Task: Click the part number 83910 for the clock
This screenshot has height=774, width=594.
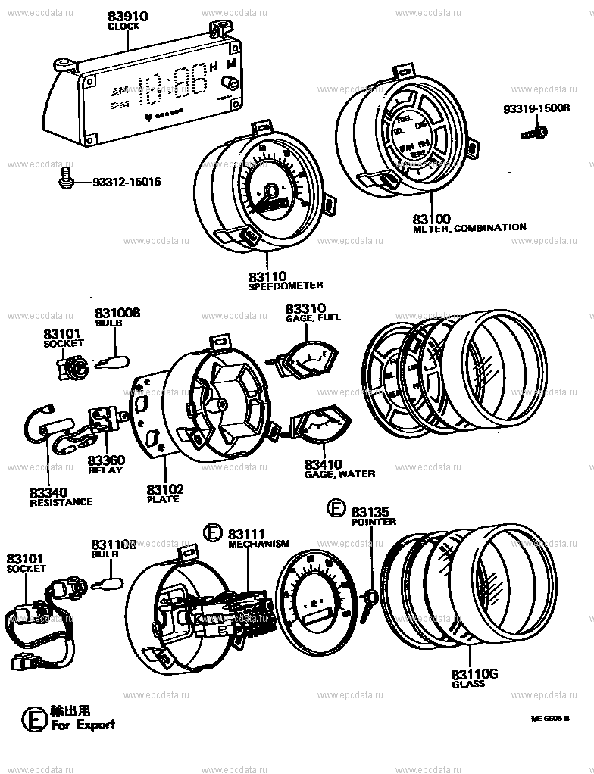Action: coord(127,16)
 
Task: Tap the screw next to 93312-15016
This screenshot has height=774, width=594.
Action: coord(66,179)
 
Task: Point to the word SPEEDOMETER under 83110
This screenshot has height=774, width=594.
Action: coord(286,286)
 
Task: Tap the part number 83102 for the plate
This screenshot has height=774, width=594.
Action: coord(165,489)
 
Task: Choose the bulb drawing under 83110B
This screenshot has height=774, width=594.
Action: coord(106,582)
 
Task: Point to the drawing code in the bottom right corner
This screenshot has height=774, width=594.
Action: coord(549,717)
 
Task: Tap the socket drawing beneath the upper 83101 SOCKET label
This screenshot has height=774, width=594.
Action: coord(71,369)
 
